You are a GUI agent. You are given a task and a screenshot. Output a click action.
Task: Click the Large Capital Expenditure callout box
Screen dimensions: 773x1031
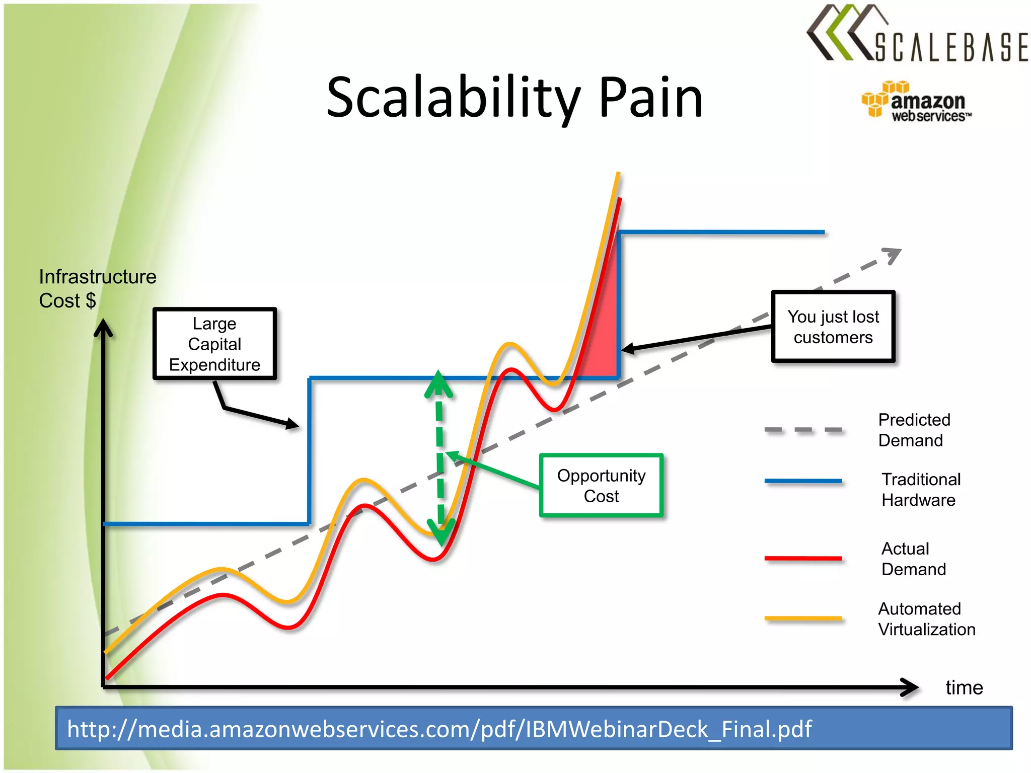tap(215, 344)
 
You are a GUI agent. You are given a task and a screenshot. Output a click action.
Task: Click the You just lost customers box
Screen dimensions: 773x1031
tap(833, 327)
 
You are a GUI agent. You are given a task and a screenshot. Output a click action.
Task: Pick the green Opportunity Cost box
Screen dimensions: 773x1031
tap(601, 486)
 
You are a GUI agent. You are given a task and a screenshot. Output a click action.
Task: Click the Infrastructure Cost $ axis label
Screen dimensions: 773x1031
tap(97, 288)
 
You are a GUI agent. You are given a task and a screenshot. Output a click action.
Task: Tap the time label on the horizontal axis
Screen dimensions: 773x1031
tap(964, 687)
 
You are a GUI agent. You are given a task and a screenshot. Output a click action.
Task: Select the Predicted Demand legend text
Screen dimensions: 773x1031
tap(914, 430)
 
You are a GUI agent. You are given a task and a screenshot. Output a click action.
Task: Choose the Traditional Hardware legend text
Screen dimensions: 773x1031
tap(921, 490)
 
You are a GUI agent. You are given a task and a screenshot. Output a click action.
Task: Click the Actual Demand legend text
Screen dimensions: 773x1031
tap(913, 559)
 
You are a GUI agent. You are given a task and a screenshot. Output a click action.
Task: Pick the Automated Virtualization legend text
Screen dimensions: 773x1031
tap(926, 619)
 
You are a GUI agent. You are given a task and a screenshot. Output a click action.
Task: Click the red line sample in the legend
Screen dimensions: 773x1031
tap(803, 558)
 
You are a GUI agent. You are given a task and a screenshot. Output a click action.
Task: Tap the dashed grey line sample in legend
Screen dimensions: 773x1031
tap(803, 430)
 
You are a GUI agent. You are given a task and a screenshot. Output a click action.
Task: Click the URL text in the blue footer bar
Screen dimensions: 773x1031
tap(439, 729)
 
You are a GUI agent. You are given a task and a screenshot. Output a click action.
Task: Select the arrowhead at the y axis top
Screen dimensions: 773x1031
tap(103, 327)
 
